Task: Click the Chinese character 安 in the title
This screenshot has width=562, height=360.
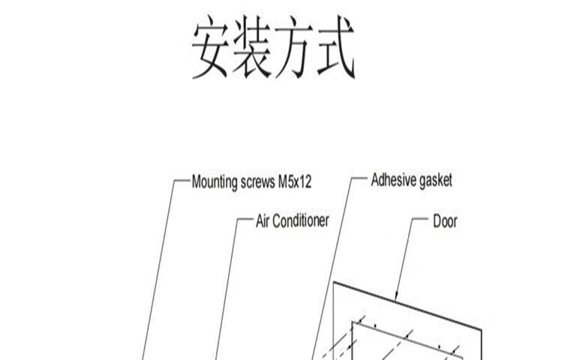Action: [210, 47]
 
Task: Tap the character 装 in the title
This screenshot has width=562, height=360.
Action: [252, 47]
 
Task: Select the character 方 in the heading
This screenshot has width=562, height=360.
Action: [293, 47]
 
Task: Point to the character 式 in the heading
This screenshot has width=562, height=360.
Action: [335, 47]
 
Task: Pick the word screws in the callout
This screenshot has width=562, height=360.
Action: [257, 182]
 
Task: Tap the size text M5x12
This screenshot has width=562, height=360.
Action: [295, 182]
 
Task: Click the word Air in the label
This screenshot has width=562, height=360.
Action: [262, 221]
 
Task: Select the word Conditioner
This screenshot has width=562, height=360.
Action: [300, 221]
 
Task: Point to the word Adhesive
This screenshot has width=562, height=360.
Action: [393, 180]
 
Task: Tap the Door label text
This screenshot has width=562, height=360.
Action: [445, 221]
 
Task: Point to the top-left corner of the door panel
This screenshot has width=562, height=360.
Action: [334, 283]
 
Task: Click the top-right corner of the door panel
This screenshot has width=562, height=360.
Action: [481, 330]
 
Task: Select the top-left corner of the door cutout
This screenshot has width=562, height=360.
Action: [353, 322]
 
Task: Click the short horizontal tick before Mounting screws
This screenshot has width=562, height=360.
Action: [182, 180]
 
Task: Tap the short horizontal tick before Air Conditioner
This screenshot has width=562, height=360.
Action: [245, 218]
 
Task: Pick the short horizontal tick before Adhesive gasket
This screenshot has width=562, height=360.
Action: [359, 178]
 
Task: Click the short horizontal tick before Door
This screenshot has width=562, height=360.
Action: [419, 218]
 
